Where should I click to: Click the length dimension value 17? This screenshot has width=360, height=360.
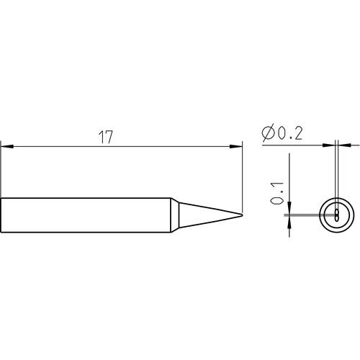pyautogui.click(x=105, y=138)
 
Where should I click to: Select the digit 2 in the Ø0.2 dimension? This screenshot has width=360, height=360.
pyautogui.click(x=298, y=133)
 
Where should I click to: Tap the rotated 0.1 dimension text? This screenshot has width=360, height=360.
pyautogui.click(x=277, y=193)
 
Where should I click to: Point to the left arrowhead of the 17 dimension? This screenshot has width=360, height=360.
pyautogui.click(x=7, y=146)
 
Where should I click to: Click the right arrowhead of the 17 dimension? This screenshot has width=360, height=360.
pyautogui.click(x=236, y=146)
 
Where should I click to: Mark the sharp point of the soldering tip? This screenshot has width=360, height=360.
pyautogui.click(x=242, y=215)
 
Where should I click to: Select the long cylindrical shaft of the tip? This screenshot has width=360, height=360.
pyautogui.click(x=86, y=215)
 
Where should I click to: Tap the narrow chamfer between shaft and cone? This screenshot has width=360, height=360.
pyautogui.click(x=175, y=215)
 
